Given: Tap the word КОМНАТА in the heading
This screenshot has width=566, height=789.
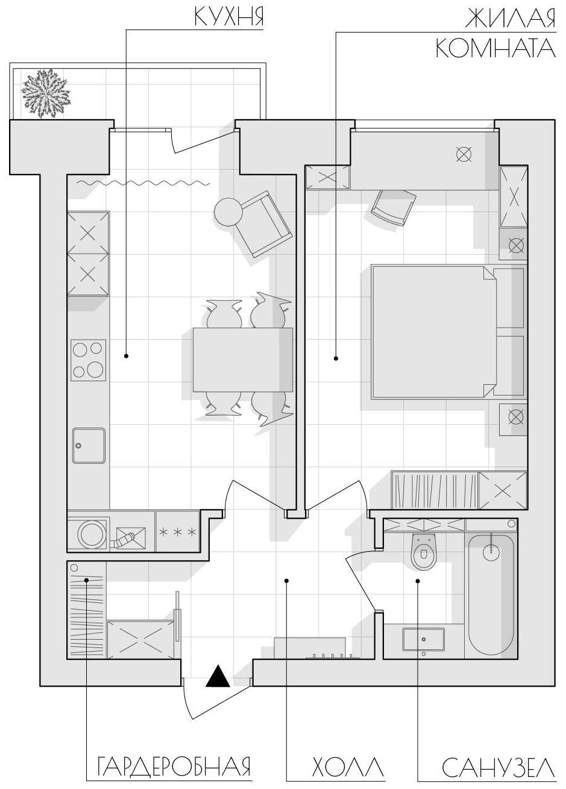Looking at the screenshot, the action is tap(495, 49).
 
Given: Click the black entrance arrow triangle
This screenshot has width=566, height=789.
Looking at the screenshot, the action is tap(218, 676).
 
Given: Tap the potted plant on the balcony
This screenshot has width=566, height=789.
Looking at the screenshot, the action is tap(45, 94).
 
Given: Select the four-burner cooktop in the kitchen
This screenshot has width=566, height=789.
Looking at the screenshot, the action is tap(88, 360).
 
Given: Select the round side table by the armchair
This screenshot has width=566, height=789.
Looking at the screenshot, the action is tap(228, 211).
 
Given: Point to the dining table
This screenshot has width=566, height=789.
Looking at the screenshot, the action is tap(243, 360).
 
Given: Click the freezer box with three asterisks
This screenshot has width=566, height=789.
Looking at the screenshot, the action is tap(178, 532).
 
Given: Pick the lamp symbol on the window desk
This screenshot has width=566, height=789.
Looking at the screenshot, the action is tap(464, 154).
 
